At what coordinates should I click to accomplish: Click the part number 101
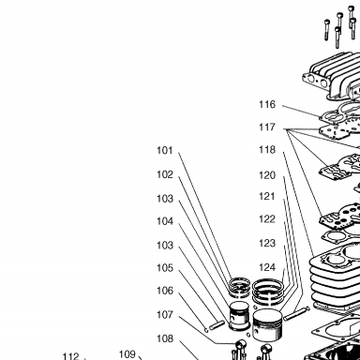pyautogui.click(x=165, y=150)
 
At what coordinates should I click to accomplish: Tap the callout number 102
pyautogui.click(x=165, y=174)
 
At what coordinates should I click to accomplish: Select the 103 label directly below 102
pyautogui.click(x=165, y=199)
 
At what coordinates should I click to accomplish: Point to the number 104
pyautogui.click(x=165, y=221)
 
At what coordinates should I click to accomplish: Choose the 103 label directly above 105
pyautogui.click(x=165, y=245)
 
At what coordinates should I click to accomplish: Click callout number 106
pyautogui.click(x=165, y=291)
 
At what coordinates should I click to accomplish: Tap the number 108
pyautogui.click(x=165, y=338)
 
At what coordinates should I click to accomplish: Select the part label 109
pyautogui.click(x=127, y=354)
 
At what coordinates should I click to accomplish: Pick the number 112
pyautogui.click(x=71, y=356)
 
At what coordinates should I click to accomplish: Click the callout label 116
pyautogui.click(x=267, y=104)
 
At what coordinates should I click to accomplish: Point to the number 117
pyautogui.click(x=267, y=127)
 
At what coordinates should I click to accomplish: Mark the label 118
pyautogui.click(x=267, y=150)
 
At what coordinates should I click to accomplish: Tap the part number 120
pyautogui.click(x=267, y=175)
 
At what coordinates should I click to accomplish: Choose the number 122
pyautogui.click(x=267, y=219)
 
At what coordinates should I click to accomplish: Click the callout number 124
pyautogui.click(x=267, y=267)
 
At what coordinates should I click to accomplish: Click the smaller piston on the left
pyautogui.click(x=239, y=316)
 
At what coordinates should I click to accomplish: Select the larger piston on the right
pyautogui.click(x=267, y=326)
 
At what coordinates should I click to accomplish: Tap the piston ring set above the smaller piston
pyautogui.click(x=239, y=287)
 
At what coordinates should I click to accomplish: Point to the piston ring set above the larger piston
pyautogui.click(x=268, y=292)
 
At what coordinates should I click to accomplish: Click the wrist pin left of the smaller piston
pyautogui.click(x=217, y=325)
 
